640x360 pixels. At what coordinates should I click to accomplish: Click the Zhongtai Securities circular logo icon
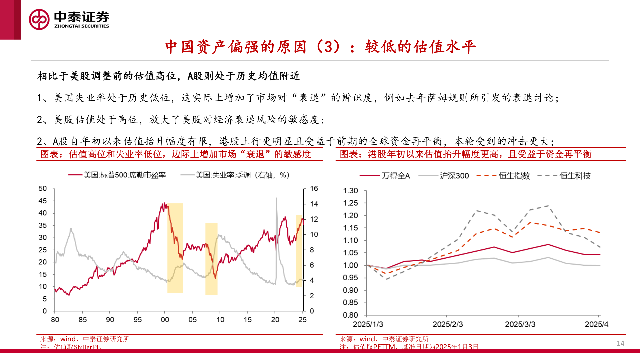click(x=39, y=19)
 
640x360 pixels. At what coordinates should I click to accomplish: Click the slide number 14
click(x=620, y=343)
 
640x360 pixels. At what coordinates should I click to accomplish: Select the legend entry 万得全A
click(x=395, y=176)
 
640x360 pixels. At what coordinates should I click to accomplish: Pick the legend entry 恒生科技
click(x=575, y=176)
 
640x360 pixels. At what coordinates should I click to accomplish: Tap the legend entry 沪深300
click(x=454, y=176)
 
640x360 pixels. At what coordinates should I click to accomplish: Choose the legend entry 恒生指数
click(x=514, y=176)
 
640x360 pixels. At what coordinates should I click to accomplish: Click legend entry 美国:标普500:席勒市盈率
click(x=124, y=175)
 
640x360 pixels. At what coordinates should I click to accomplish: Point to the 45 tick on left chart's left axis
click(x=43, y=201)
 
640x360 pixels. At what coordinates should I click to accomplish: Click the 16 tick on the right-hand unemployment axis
click(x=314, y=189)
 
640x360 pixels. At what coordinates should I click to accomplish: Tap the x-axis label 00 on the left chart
click(x=165, y=320)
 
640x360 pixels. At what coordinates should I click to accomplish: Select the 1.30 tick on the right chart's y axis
click(x=350, y=191)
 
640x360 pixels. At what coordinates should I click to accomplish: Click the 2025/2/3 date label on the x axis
click(x=447, y=324)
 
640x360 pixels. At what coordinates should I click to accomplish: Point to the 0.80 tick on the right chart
click(x=350, y=315)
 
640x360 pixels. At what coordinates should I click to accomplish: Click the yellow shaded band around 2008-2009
click(x=211, y=259)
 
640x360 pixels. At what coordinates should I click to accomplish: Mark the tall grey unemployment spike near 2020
click(x=276, y=200)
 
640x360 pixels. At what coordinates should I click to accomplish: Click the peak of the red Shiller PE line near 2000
click(x=164, y=204)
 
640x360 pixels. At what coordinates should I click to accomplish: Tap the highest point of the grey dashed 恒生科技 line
click(x=548, y=206)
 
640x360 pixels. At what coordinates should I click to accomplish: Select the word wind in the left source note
click(x=68, y=339)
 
